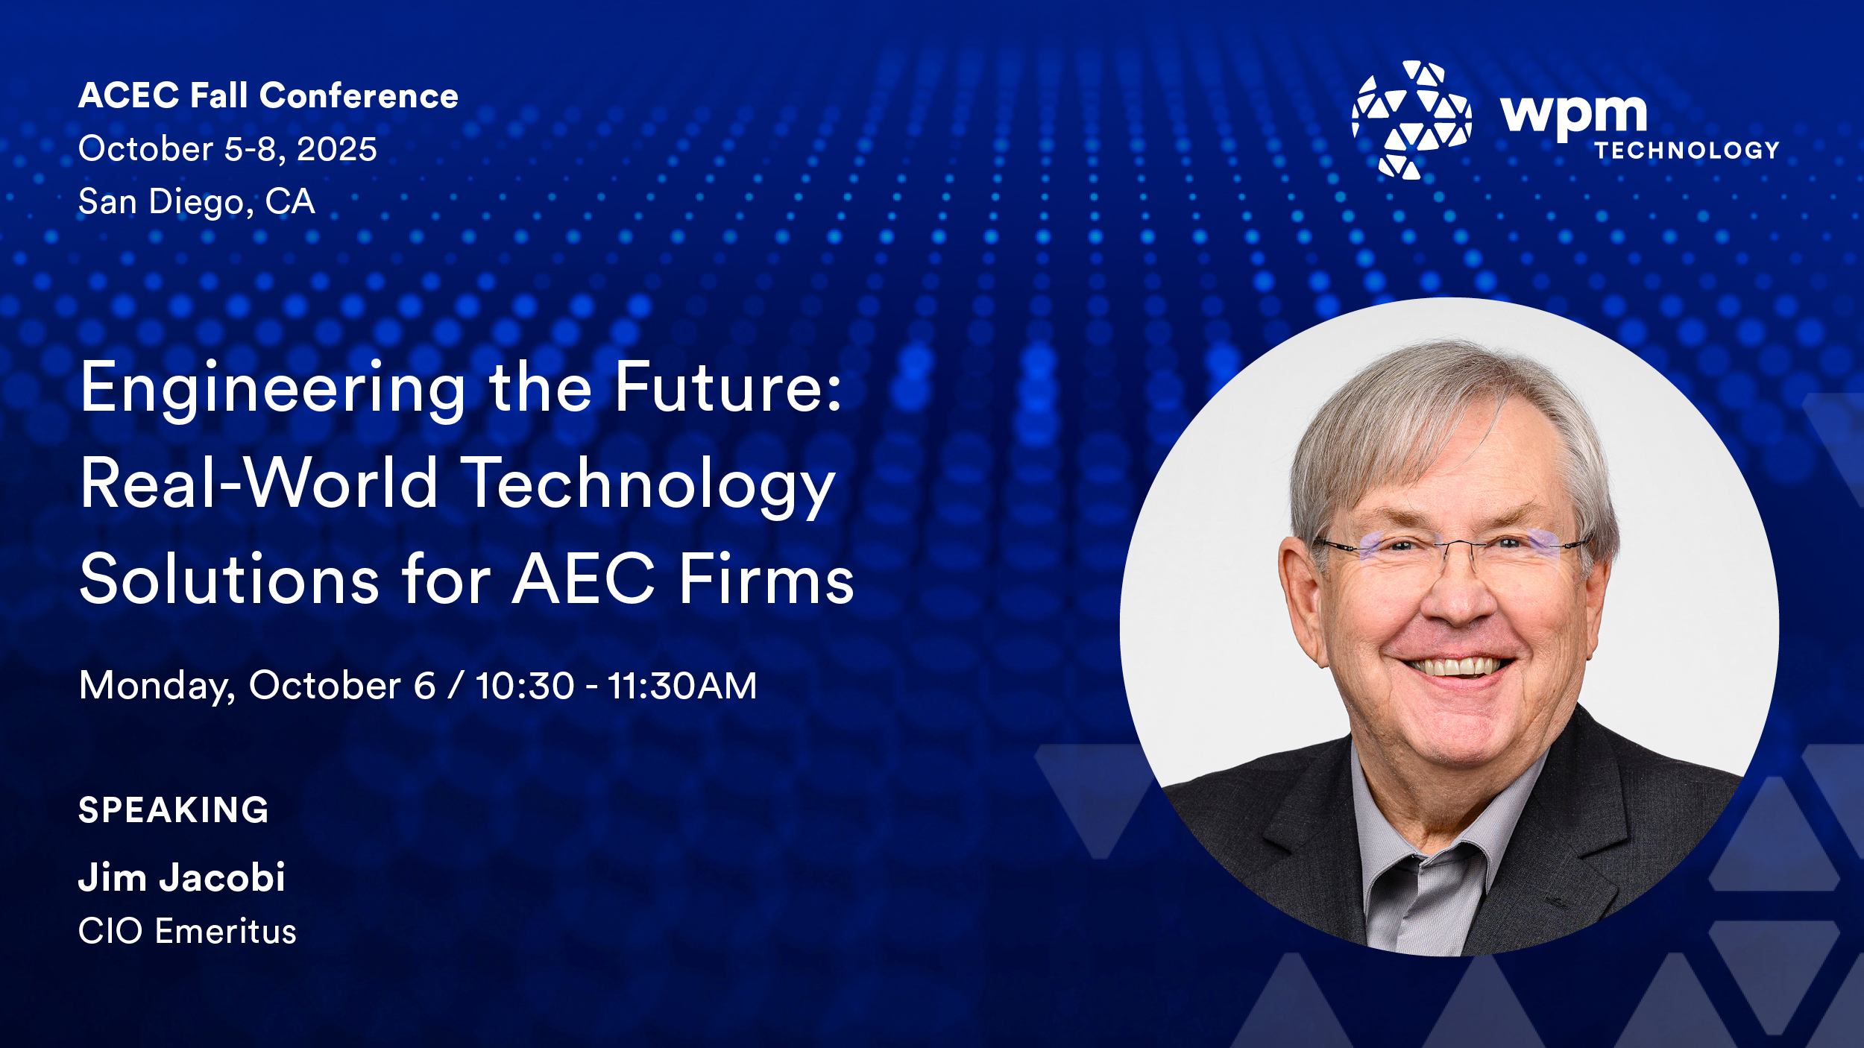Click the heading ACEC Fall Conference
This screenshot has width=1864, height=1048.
[x=268, y=96]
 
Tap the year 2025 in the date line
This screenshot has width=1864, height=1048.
[x=337, y=149]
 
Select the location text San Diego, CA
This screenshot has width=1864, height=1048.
[x=197, y=202]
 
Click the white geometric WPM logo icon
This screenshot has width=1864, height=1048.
[x=1411, y=120]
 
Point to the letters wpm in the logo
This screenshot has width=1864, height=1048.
[x=1573, y=116]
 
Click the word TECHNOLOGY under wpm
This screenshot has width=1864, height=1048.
[x=1687, y=151]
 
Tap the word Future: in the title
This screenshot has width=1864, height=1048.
[x=728, y=388]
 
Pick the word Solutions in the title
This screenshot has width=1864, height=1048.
[x=230, y=579]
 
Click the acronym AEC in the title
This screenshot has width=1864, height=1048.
[x=584, y=579]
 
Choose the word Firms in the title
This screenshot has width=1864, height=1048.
[x=766, y=579]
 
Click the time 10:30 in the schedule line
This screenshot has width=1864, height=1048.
[x=525, y=686]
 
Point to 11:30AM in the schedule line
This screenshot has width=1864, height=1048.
[x=682, y=686]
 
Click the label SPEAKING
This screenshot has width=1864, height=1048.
[x=174, y=810]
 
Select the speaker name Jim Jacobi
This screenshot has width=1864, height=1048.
[x=182, y=877]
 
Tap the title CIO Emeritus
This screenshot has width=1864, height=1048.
[x=187, y=932]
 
